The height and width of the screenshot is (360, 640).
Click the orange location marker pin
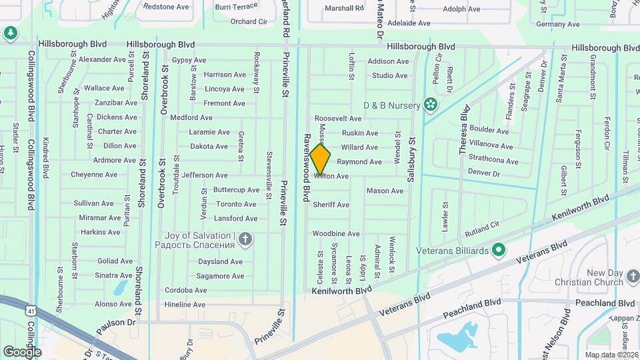point(321,159)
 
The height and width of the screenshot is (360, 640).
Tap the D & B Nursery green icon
point(431,105)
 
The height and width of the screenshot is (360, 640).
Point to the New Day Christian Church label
point(605,277)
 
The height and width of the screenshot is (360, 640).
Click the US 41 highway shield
point(31,310)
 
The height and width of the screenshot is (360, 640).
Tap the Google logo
point(22,351)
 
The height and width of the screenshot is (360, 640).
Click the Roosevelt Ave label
point(337,118)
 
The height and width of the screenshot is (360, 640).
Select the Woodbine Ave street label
point(336,234)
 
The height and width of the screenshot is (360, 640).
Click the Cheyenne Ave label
point(94,175)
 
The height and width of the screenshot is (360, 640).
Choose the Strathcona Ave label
point(493,161)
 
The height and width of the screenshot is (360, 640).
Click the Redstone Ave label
point(167,7)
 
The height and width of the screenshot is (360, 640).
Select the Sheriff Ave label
point(331,205)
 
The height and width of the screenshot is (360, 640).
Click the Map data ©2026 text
point(611,355)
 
